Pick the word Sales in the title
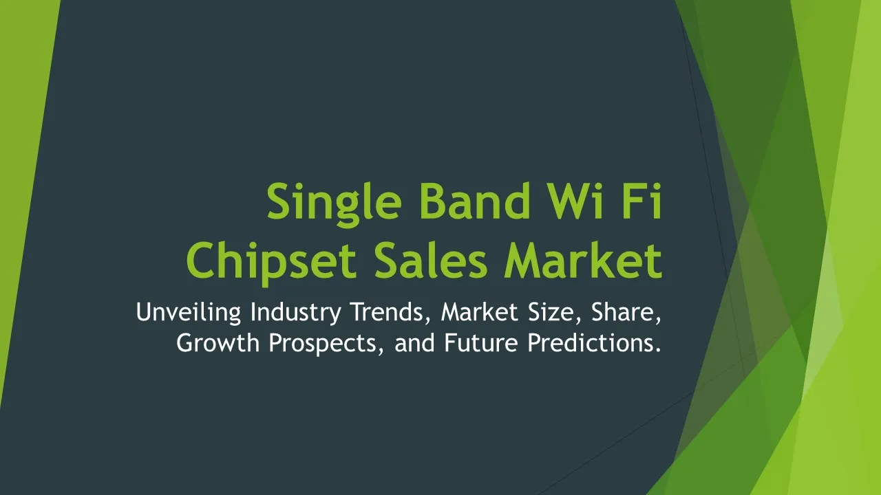[x=431, y=260]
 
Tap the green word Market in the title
[x=584, y=260]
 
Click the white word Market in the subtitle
[x=480, y=311]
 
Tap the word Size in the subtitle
[x=555, y=312]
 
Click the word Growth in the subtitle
[x=218, y=342]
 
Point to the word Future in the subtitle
[x=481, y=342]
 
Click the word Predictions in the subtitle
[x=594, y=342]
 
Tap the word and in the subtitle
[x=414, y=342]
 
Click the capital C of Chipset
[x=200, y=261]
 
